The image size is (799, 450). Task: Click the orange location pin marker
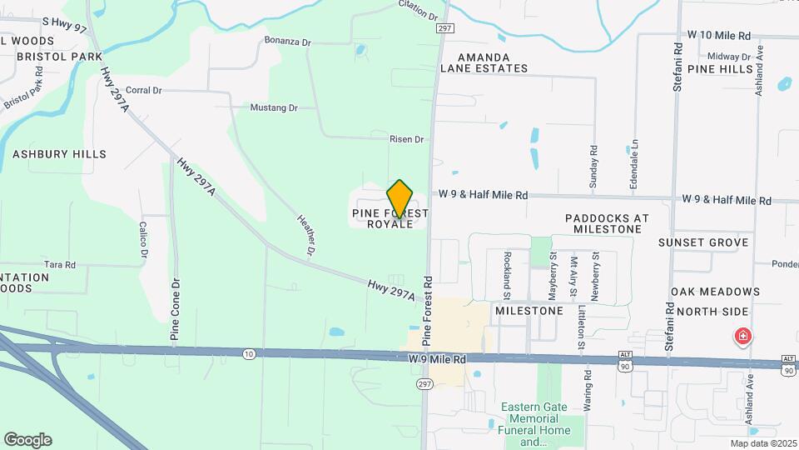pos(400,198)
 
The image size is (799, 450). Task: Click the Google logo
pos(27,440)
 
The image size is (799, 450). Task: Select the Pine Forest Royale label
pos(390,219)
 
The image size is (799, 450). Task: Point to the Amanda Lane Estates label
pos(485,68)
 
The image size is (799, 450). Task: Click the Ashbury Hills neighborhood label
pos(59,154)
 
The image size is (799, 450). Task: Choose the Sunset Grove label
pos(704,242)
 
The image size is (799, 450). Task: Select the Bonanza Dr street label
pos(287,40)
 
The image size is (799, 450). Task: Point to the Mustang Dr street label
pos(274,108)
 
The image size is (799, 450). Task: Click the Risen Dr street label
pos(407,139)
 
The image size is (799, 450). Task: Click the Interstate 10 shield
pos(249,354)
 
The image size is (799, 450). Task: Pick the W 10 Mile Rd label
pos(720,36)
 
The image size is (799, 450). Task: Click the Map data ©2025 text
pos(762,443)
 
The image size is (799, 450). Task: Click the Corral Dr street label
pos(143,90)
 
